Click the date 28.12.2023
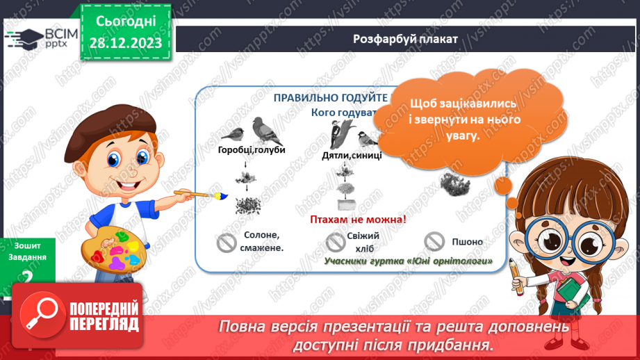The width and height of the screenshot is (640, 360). click(x=125, y=43)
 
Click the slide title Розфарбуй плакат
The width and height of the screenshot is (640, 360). click(x=405, y=39)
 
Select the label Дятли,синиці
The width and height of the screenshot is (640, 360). click(x=352, y=155)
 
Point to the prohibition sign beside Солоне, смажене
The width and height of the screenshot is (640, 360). click(x=227, y=243)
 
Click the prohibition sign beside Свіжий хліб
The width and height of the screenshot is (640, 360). click(x=336, y=241)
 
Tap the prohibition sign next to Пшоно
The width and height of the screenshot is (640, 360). click(x=435, y=241)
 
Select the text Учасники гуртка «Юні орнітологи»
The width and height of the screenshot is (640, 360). click(x=408, y=261)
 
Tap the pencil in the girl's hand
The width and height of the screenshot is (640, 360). click(x=515, y=274)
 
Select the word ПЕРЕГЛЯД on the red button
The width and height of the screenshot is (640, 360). click(x=104, y=323)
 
